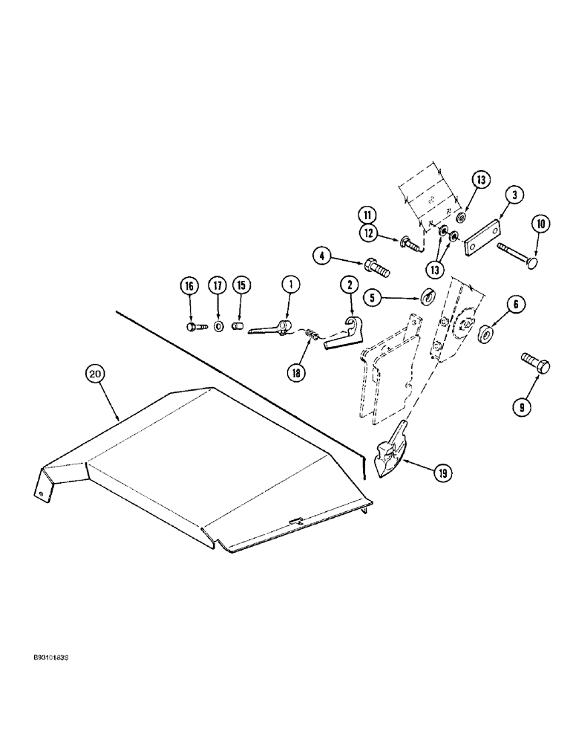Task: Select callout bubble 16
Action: click(x=190, y=285)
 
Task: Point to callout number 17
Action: click(x=217, y=285)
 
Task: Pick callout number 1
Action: click(x=291, y=285)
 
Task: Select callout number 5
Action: click(x=373, y=298)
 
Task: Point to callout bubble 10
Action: click(x=539, y=224)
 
